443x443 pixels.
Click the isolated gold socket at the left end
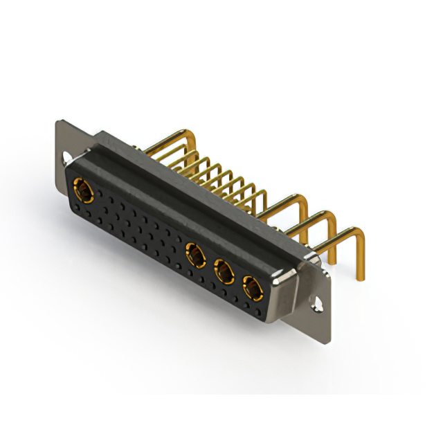tap(82, 188)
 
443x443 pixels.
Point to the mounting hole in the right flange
tap(318, 303)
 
